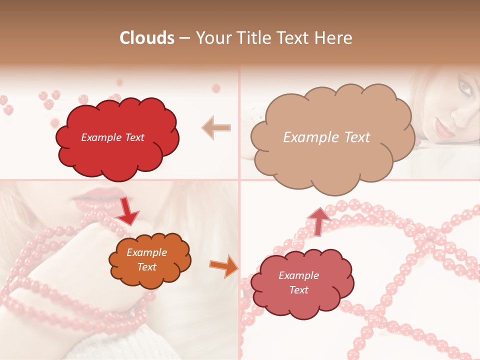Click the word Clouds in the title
(x=147, y=38)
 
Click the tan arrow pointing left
(x=216, y=128)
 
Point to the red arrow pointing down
(x=127, y=210)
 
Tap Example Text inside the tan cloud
(x=326, y=137)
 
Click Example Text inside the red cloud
(x=112, y=137)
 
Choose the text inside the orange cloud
(x=146, y=260)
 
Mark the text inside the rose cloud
(x=298, y=282)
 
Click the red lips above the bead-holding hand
(x=95, y=196)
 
